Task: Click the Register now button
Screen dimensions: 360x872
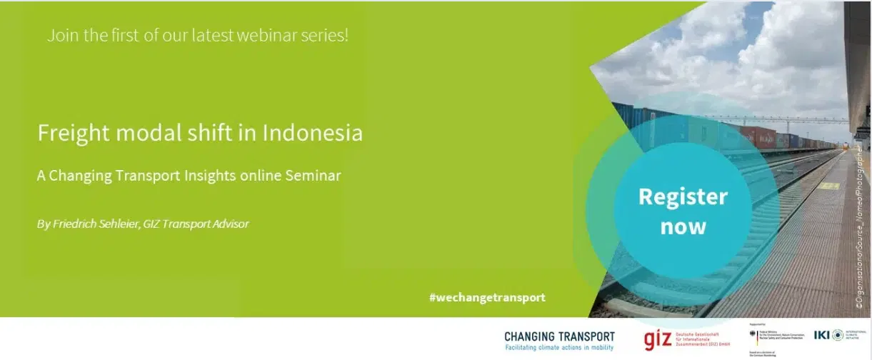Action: pos(683,211)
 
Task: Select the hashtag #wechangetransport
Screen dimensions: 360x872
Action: pos(487,297)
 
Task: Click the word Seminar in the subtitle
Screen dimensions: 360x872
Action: pos(312,175)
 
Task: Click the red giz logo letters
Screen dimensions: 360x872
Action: pos(658,339)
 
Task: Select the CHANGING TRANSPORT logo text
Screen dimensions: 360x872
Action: pos(559,336)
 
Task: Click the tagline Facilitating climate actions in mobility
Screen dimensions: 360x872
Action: pos(559,348)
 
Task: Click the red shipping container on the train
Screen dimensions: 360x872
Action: pos(759,136)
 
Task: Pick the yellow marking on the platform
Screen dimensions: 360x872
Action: pos(828,186)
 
